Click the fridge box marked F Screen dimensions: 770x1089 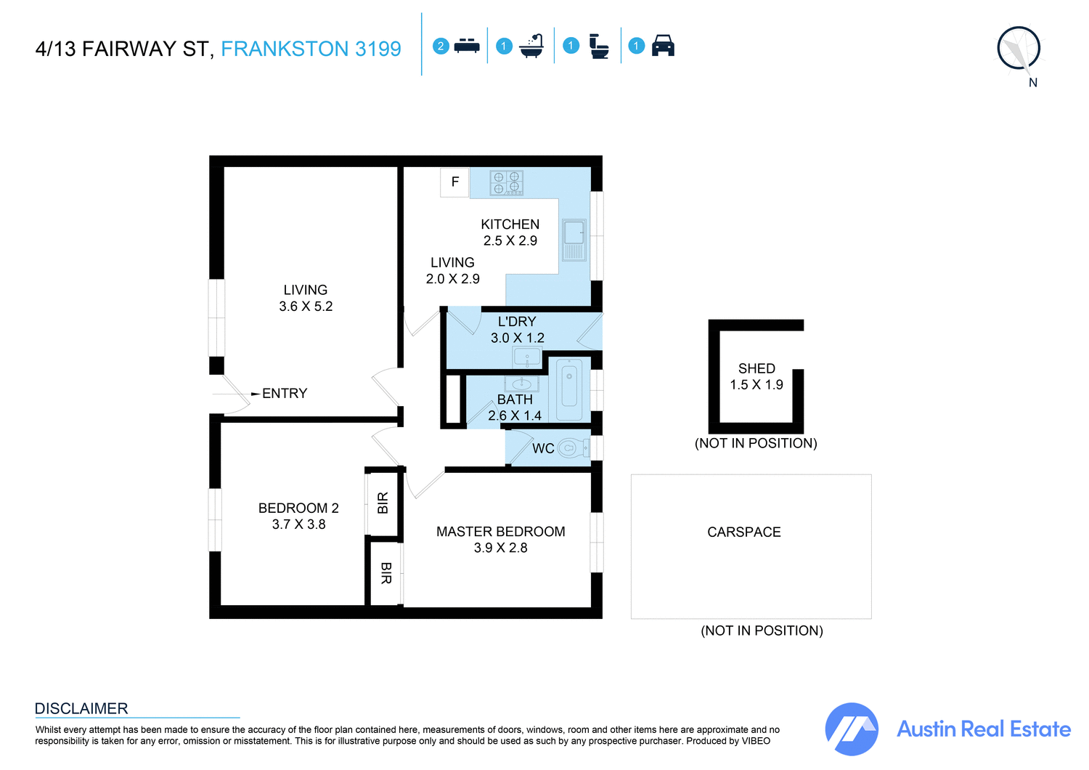[x=455, y=182]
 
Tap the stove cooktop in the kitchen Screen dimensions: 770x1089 [x=506, y=183]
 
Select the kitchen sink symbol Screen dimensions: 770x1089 [x=574, y=240]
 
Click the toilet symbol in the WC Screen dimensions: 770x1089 [x=572, y=448]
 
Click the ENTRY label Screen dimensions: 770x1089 [x=285, y=394]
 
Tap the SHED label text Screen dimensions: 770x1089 [x=756, y=369]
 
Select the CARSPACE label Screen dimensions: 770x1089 [x=744, y=532]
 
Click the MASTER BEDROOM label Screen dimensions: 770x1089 [x=500, y=532]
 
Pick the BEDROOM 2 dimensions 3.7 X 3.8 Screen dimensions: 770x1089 [x=298, y=524]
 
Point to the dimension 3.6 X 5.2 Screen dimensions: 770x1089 [x=306, y=307]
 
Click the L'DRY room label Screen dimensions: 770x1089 [x=517, y=322]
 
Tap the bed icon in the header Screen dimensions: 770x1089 [x=467, y=46]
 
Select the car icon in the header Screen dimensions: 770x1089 [x=663, y=46]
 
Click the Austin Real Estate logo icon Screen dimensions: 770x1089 [x=852, y=729]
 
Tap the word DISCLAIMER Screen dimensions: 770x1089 [x=81, y=709]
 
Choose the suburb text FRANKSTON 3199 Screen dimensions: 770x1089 [x=311, y=49]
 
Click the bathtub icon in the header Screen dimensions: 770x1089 [x=532, y=46]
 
